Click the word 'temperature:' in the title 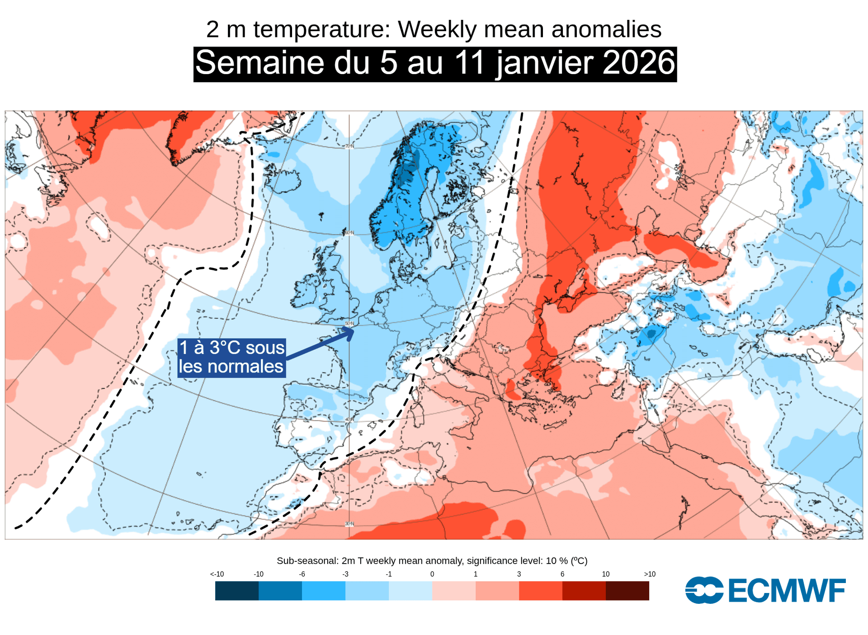pyautogui.click(x=321, y=29)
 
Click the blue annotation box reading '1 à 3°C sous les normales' pyautogui.click(x=231, y=357)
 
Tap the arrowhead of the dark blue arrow pyautogui.click(x=349, y=333)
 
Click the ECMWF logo pyautogui.click(x=765, y=590)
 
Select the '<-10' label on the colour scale pyautogui.click(x=217, y=574)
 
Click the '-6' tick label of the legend pyautogui.click(x=302, y=574)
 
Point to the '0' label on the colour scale pyautogui.click(x=432, y=574)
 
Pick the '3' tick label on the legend pyautogui.click(x=519, y=574)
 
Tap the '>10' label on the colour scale pyautogui.click(x=649, y=574)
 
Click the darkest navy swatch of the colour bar pyautogui.click(x=237, y=591)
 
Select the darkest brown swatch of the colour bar pyautogui.click(x=627, y=591)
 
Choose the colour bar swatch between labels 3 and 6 pyautogui.click(x=541, y=591)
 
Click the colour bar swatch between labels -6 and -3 pyautogui.click(x=324, y=591)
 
